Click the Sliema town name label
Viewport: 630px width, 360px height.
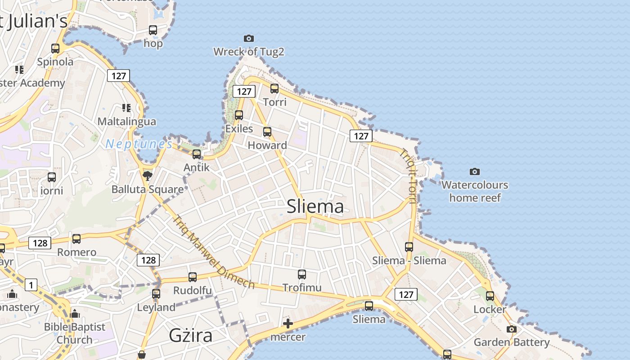coord(315,206)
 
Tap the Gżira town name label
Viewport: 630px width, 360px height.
coord(190,335)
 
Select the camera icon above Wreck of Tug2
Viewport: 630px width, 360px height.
coord(248,39)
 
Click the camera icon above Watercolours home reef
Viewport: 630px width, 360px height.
coord(474,171)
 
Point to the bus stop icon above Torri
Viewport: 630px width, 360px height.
coord(274,89)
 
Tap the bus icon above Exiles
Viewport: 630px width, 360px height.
coord(239,115)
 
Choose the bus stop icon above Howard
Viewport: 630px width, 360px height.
coord(267,132)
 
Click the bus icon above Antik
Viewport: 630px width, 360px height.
coord(197,154)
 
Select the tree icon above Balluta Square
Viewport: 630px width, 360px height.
coord(147,176)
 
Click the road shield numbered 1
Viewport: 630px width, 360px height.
coord(31,285)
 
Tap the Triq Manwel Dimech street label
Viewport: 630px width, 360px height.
coord(214,252)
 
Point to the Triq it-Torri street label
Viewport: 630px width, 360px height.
coord(409,176)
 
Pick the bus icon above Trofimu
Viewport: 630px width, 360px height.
coord(302,274)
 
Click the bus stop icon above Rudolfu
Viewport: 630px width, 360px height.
coord(193,277)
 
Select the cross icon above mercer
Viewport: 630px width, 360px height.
coord(288,324)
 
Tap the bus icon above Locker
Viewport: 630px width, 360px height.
coord(490,296)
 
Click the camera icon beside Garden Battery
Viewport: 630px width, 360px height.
coord(511,329)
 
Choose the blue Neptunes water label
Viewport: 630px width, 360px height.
coord(139,144)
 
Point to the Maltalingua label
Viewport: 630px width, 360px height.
coord(127,121)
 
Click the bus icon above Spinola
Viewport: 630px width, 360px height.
coord(55,49)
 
